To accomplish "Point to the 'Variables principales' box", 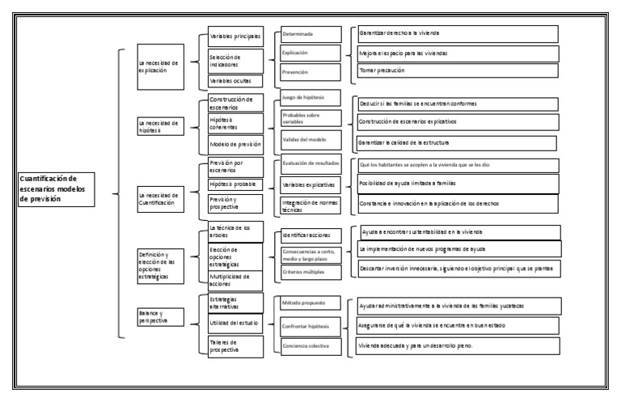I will (x=235, y=37).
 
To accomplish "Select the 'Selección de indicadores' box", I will (x=235, y=61).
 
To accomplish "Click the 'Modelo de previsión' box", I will (x=235, y=144).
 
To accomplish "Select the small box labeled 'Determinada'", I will (x=310, y=34).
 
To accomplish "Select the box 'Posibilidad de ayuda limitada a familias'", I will (x=458, y=184).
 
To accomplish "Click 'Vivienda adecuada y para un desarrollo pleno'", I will (x=458, y=345).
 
